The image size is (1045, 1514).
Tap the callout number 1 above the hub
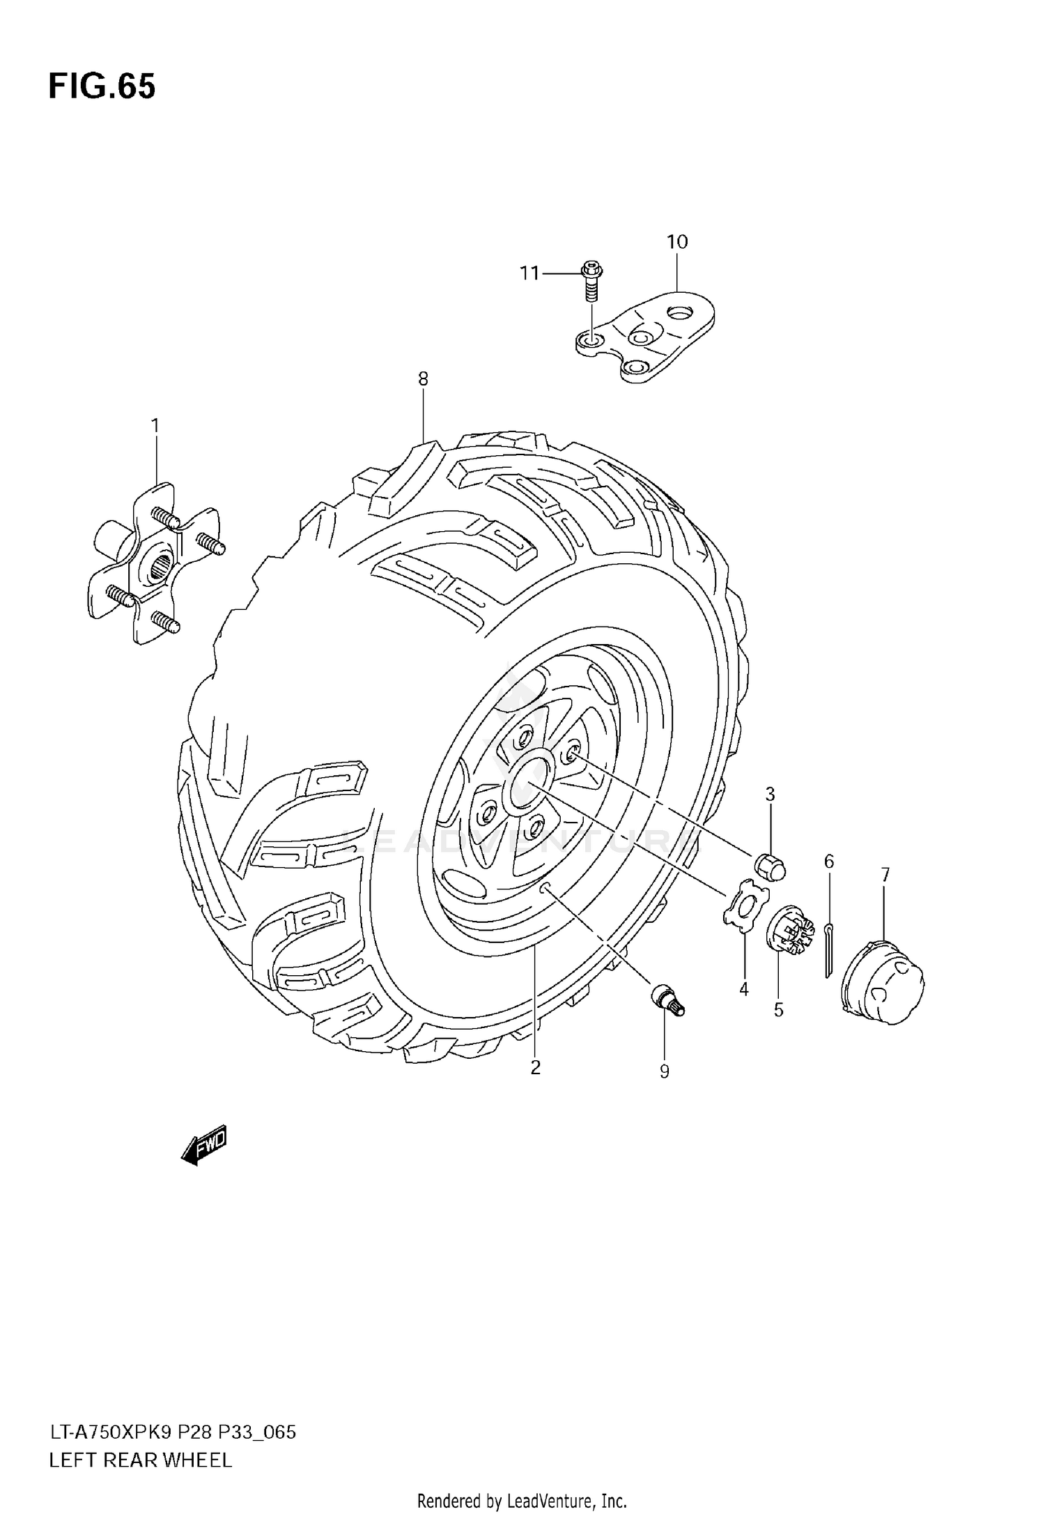(155, 425)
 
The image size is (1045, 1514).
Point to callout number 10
(676, 242)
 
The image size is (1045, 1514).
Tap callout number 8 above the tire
(423, 378)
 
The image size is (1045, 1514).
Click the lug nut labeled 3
(771, 866)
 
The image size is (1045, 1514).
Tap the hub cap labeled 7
(883, 982)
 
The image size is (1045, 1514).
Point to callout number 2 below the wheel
(535, 1067)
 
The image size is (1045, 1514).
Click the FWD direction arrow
(204, 1145)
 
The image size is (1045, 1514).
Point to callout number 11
(530, 273)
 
